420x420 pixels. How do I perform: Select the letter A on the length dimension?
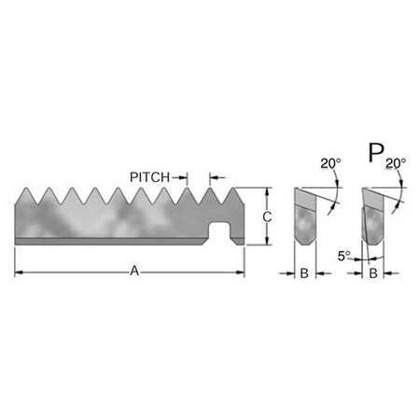(x=134, y=272)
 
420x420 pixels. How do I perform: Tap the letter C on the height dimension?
(x=266, y=217)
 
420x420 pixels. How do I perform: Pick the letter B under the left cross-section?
(x=303, y=273)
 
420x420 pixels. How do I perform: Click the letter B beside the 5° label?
(x=371, y=273)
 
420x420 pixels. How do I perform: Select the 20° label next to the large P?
(x=396, y=162)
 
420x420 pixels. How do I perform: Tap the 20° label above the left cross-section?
(x=328, y=162)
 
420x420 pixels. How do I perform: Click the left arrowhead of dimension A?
(x=20, y=273)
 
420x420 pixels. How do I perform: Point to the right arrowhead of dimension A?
(x=240, y=273)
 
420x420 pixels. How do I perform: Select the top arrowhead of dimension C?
(x=267, y=192)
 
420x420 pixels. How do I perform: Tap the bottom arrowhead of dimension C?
(x=267, y=242)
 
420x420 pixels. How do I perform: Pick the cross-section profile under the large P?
(x=371, y=219)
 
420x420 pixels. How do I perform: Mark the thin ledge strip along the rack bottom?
(x=112, y=242)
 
